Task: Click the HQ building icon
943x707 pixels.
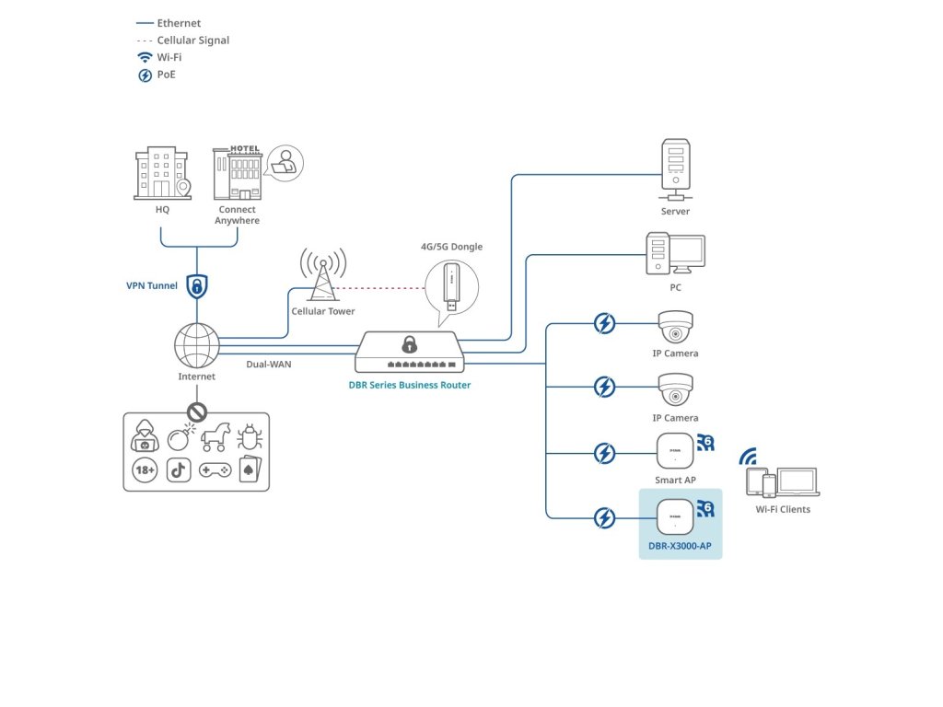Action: click(162, 174)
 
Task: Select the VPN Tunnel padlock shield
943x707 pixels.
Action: click(197, 285)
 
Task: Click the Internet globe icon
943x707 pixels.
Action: click(197, 347)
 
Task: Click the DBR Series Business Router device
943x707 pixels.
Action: click(407, 352)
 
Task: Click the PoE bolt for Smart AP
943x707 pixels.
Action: click(604, 453)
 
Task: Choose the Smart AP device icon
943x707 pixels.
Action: click(675, 451)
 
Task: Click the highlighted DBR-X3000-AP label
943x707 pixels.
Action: click(680, 546)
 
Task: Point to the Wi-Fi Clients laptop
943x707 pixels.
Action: click(797, 482)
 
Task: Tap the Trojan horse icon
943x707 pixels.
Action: click(215, 437)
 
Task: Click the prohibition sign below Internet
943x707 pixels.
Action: click(197, 411)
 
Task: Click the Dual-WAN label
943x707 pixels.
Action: click(268, 365)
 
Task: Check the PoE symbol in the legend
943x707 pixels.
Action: click(145, 75)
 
